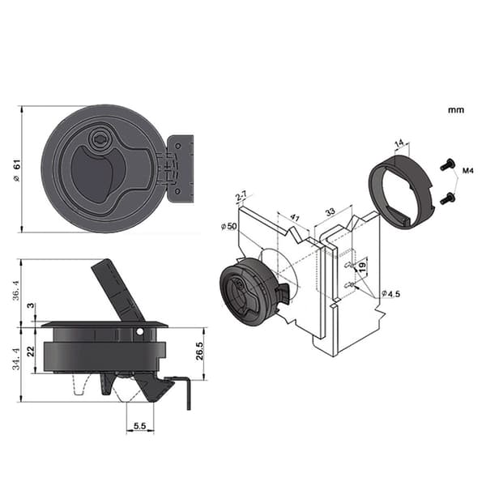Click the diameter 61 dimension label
coord(16,170)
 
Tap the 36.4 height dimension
coord(16,290)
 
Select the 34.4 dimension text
coord(16,359)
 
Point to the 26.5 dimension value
coord(199,351)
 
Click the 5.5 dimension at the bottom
coord(140,426)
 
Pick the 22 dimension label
coord(31,352)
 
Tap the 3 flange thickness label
coord(31,305)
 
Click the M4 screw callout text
coord(467,170)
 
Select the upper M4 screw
coord(447,164)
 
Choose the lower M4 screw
coord(447,198)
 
